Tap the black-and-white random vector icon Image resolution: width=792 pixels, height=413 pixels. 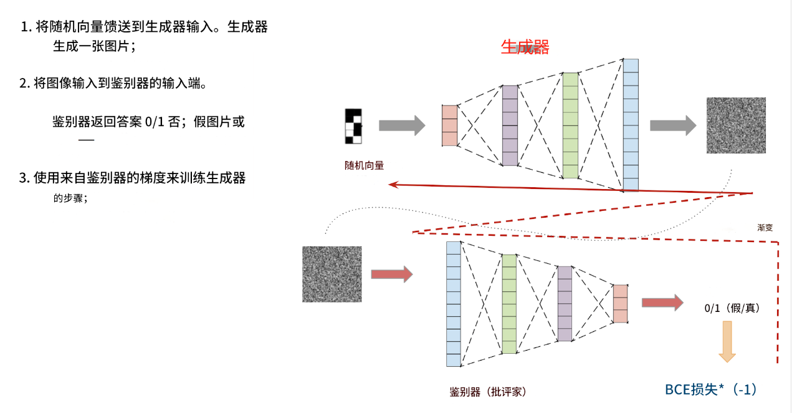click(x=353, y=126)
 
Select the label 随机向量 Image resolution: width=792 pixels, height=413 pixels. click(x=364, y=166)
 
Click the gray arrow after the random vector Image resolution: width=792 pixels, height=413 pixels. click(x=401, y=126)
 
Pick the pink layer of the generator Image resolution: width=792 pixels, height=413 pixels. click(x=449, y=125)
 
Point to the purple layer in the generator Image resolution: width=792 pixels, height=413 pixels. click(x=510, y=125)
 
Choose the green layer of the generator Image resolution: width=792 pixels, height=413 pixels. click(x=570, y=125)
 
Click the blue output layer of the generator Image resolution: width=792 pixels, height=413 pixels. click(x=631, y=125)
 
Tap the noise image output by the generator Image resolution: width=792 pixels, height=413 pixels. click(x=735, y=125)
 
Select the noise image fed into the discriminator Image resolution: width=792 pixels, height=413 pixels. click(x=332, y=275)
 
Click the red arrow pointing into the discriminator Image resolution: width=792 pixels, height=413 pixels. click(x=391, y=275)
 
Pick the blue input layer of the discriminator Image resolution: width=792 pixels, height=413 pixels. click(x=454, y=304)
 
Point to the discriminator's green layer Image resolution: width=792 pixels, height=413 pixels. click(x=509, y=304)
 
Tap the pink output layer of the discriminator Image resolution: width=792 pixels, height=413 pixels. click(x=620, y=304)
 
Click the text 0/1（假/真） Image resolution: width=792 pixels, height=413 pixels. click(x=732, y=308)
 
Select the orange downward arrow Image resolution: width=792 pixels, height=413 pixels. click(x=727, y=341)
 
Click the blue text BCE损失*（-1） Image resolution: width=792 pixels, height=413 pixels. click(x=710, y=390)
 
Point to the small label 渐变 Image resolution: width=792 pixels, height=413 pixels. click(x=765, y=228)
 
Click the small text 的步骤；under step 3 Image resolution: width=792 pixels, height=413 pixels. click(x=70, y=199)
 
